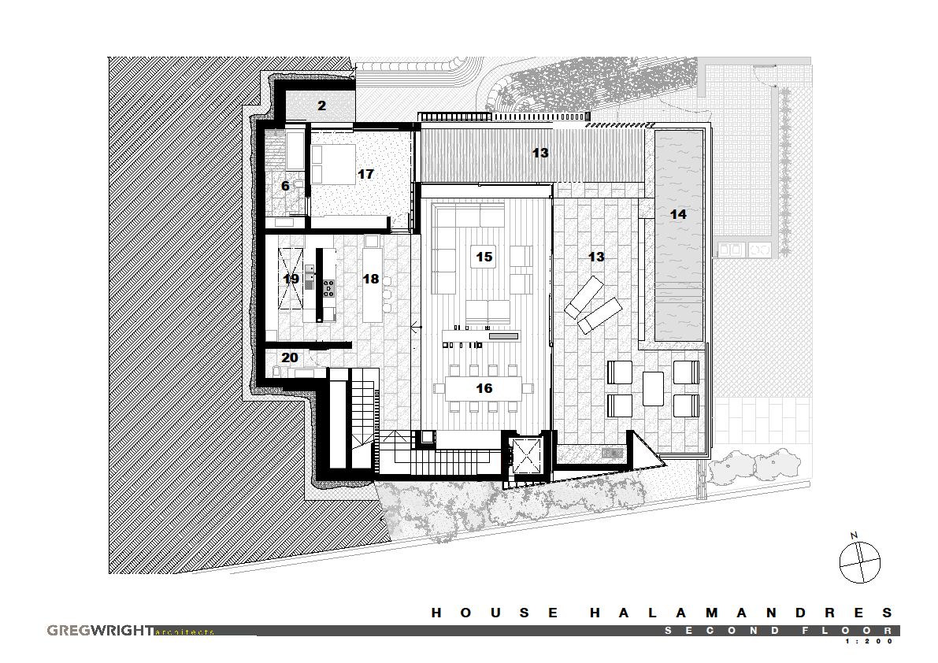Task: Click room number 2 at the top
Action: click(x=322, y=106)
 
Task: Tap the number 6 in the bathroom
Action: click(x=285, y=186)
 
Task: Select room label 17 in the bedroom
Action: click(x=365, y=174)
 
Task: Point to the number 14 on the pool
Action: click(x=678, y=214)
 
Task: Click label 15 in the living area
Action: click(x=484, y=257)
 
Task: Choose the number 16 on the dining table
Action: click(x=484, y=388)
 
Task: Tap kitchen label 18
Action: click(x=371, y=279)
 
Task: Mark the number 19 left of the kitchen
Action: click(x=291, y=279)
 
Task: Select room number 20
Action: click(x=290, y=357)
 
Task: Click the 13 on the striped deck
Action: click(x=540, y=153)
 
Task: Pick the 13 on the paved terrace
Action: click(x=596, y=257)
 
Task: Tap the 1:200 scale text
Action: click(x=869, y=641)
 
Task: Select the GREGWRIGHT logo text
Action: click(x=100, y=631)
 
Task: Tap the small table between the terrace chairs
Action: click(x=653, y=389)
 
